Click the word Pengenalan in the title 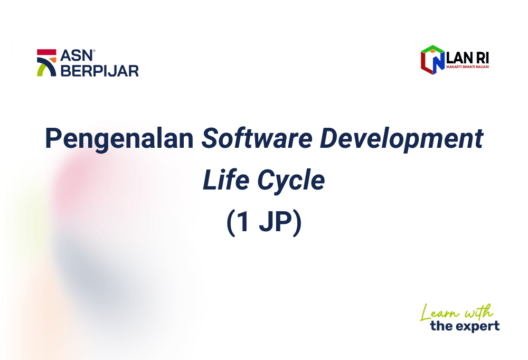click(119, 139)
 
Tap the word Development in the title click(401, 139)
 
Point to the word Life click(225, 180)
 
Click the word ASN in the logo click(77, 55)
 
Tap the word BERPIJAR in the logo click(100, 71)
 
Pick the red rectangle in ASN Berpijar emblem click(46, 52)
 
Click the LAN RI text click(467, 58)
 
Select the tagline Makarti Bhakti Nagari click(467, 67)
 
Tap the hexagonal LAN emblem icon click(433, 60)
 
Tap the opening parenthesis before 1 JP click(230, 223)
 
